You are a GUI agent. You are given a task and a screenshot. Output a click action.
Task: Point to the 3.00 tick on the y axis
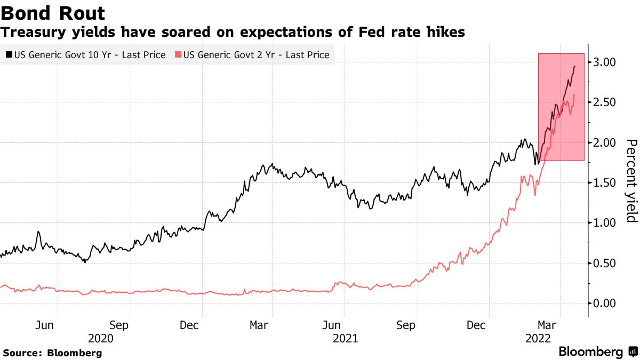[605, 62]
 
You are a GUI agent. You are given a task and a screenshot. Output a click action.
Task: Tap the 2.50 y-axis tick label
[605, 102]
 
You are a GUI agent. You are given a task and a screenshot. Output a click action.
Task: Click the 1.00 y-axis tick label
[605, 223]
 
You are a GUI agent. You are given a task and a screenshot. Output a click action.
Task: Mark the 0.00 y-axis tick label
[605, 303]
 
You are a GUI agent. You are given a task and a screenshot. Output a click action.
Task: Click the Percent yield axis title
[631, 181]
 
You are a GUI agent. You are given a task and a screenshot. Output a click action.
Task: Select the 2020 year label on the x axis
[101, 338]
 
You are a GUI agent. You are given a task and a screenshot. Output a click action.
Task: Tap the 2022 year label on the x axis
[538, 338]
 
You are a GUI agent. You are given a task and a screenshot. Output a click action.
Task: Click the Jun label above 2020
[46, 325]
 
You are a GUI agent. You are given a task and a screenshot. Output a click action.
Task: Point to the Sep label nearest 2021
[407, 325]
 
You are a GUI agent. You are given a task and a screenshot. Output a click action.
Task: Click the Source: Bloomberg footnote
[52, 353]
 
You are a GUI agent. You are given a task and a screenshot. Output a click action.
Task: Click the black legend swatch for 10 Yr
[9, 54]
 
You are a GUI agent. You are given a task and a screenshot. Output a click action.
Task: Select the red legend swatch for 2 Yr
[178, 54]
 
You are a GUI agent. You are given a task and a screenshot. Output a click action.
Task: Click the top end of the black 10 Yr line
[574, 66]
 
